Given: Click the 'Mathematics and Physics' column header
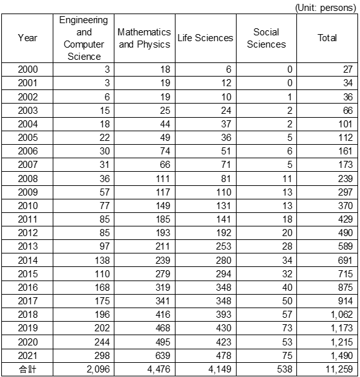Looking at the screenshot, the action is (145, 38).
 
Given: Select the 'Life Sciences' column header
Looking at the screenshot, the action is (205, 38).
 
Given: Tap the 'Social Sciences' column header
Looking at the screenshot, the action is (266, 38).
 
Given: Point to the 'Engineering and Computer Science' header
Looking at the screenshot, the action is (84, 38).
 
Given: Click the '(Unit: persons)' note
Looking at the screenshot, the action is (325, 6).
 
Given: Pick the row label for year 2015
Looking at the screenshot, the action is (28, 274).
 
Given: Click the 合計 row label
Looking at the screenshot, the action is (28, 370).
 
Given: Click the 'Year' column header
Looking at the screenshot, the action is (28, 38).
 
